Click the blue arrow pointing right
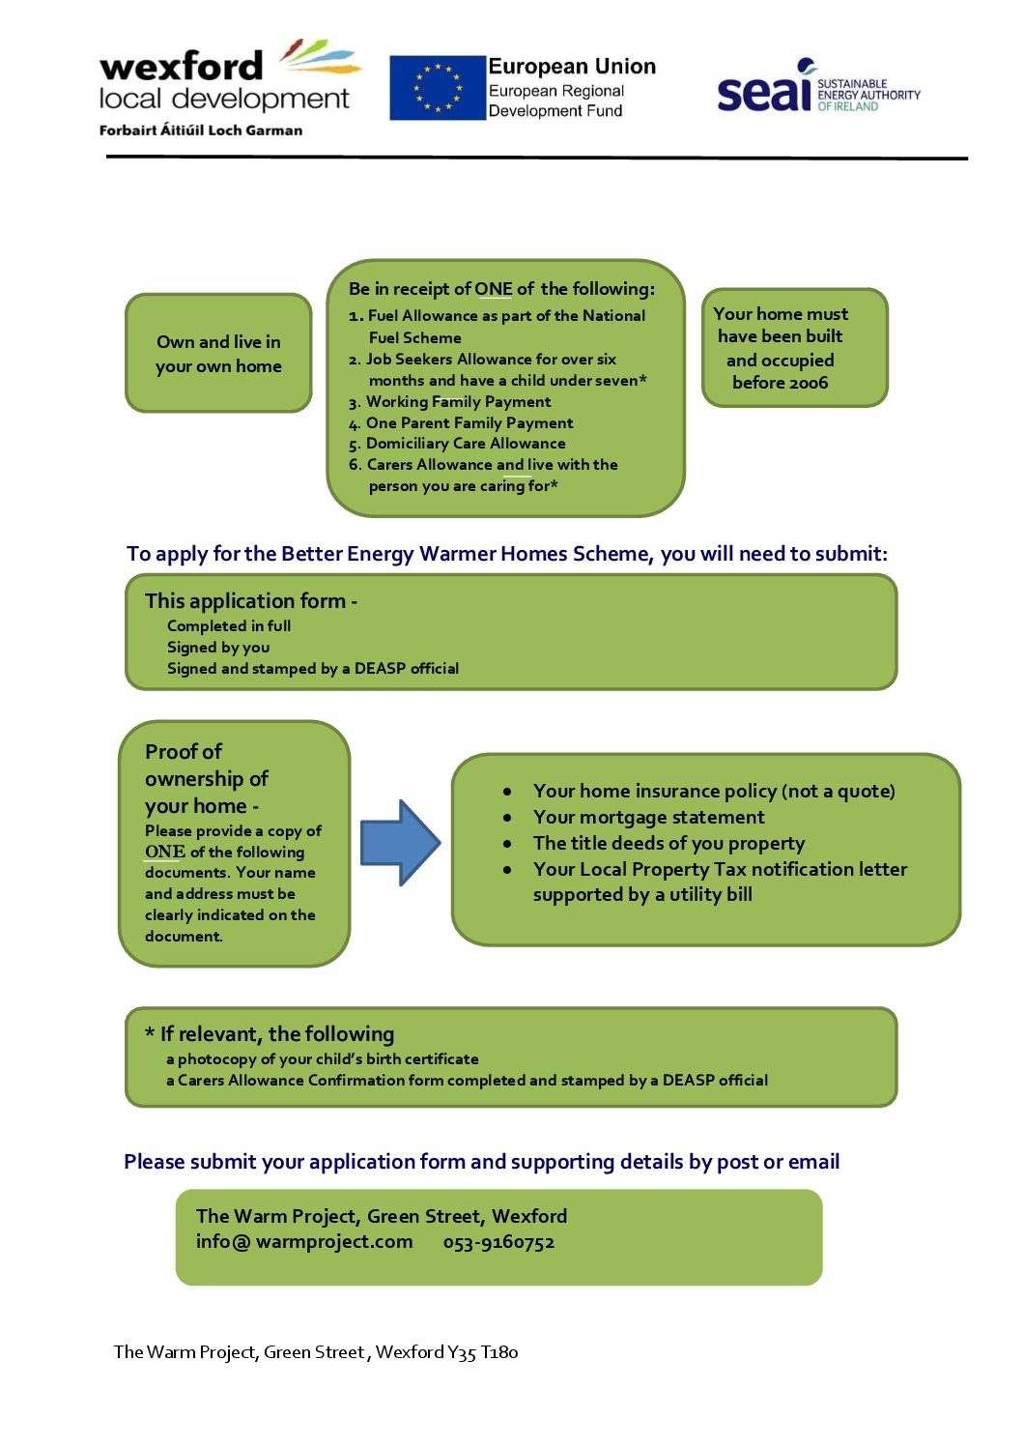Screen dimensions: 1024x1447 [x=400, y=842]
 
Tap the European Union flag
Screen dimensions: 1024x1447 [x=437, y=87]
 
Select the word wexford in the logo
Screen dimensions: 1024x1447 [x=182, y=66]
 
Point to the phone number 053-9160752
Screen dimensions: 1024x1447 [x=498, y=1242]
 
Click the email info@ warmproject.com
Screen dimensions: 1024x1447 [x=304, y=1242]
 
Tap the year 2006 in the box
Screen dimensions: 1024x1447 [x=807, y=383]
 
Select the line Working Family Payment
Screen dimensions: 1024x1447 [x=458, y=402]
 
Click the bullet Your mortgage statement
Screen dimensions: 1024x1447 [x=648, y=817]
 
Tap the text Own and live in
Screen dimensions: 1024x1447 [x=218, y=342]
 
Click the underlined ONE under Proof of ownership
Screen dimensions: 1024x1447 [x=165, y=852]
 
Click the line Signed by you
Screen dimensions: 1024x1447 [x=218, y=648]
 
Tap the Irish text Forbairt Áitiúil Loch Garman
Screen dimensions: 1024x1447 [x=201, y=130]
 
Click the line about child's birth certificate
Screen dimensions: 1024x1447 [x=323, y=1058]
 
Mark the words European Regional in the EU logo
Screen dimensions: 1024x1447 [x=555, y=91]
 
